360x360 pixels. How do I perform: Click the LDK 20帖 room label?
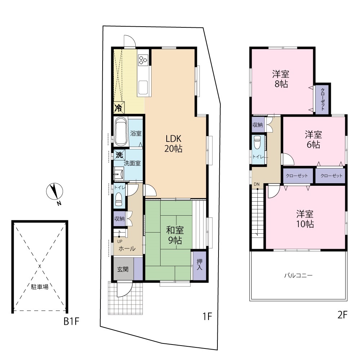click(x=174, y=144)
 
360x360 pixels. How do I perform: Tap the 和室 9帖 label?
click(x=175, y=235)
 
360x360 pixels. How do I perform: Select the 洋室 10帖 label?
click(x=305, y=219)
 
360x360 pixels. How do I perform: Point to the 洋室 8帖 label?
click(x=281, y=79)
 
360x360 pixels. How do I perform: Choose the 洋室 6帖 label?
click(x=314, y=139)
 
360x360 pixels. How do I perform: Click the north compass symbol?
click(x=55, y=191)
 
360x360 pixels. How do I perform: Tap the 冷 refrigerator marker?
click(x=119, y=108)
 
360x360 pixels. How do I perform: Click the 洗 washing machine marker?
click(x=119, y=155)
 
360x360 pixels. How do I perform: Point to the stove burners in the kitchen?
click(x=143, y=60)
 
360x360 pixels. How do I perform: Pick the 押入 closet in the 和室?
click(x=199, y=265)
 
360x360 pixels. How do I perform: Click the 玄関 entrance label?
click(x=123, y=269)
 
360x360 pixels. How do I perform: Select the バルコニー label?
click(x=298, y=275)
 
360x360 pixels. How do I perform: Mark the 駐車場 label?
click(x=40, y=287)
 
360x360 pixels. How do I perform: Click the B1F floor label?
click(x=71, y=321)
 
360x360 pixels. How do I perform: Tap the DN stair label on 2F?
click(x=256, y=184)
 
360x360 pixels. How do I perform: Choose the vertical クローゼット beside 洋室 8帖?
click(x=323, y=99)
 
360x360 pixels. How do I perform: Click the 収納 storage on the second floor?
click(x=258, y=125)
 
